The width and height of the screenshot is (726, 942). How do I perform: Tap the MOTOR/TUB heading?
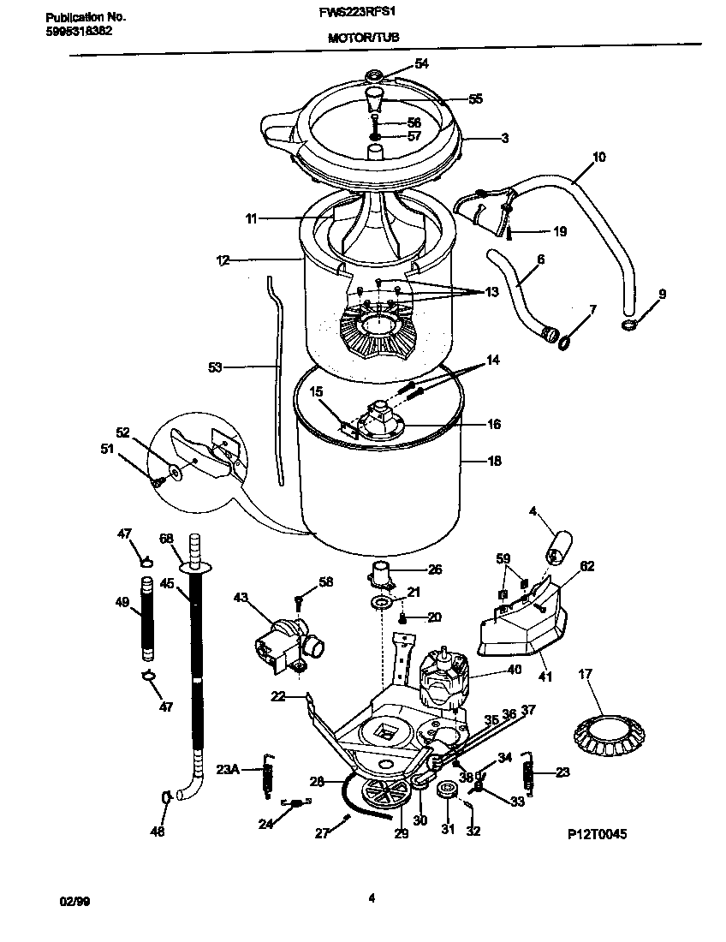363,38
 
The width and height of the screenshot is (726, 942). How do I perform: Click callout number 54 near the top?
421,63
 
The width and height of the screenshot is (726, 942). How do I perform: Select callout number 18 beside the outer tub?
494,461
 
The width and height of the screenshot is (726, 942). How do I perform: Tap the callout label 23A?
227,769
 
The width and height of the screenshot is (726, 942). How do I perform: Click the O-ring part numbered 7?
564,342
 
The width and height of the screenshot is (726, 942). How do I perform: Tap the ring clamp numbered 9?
628,325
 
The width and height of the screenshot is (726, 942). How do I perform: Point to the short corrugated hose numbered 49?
148,618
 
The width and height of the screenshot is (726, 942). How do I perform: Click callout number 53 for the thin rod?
215,367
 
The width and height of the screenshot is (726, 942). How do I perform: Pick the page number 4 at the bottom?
371,897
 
